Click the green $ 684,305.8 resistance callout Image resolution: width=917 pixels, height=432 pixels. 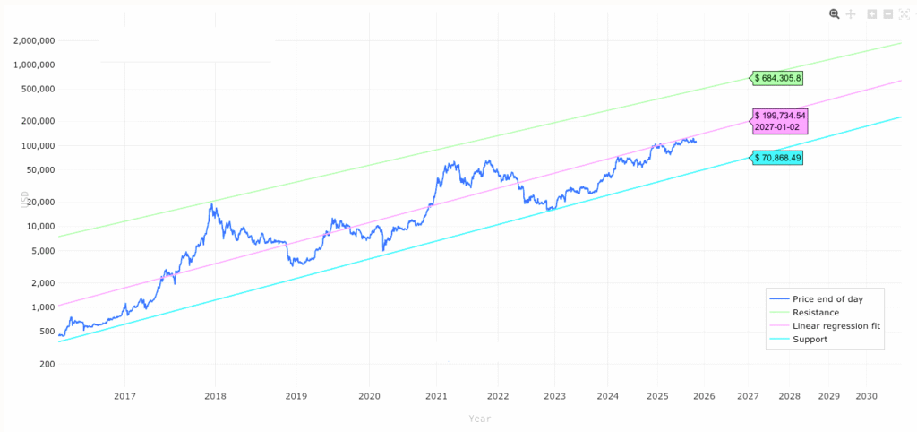pyautogui.click(x=777, y=78)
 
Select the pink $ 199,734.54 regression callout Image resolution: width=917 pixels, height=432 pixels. pyautogui.click(x=780, y=116)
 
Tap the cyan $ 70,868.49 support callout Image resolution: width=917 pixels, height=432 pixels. pyautogui.click(x=777, y=157)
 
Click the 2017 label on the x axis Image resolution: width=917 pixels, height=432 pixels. pyautogui.click(x=124, y=396)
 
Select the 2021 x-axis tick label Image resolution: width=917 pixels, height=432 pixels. pyautogui.click(x=436, y=396)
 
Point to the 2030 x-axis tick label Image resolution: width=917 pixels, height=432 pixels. pyautogui.click(x=866, y=396)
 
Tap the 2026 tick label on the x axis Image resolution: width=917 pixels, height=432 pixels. pyautogui.click(x=703, y=396)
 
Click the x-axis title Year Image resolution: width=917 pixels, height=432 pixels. pyautogui.click(x=479, y=419)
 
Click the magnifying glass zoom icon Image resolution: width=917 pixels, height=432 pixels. pyautogui.click(x=835, y=13)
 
